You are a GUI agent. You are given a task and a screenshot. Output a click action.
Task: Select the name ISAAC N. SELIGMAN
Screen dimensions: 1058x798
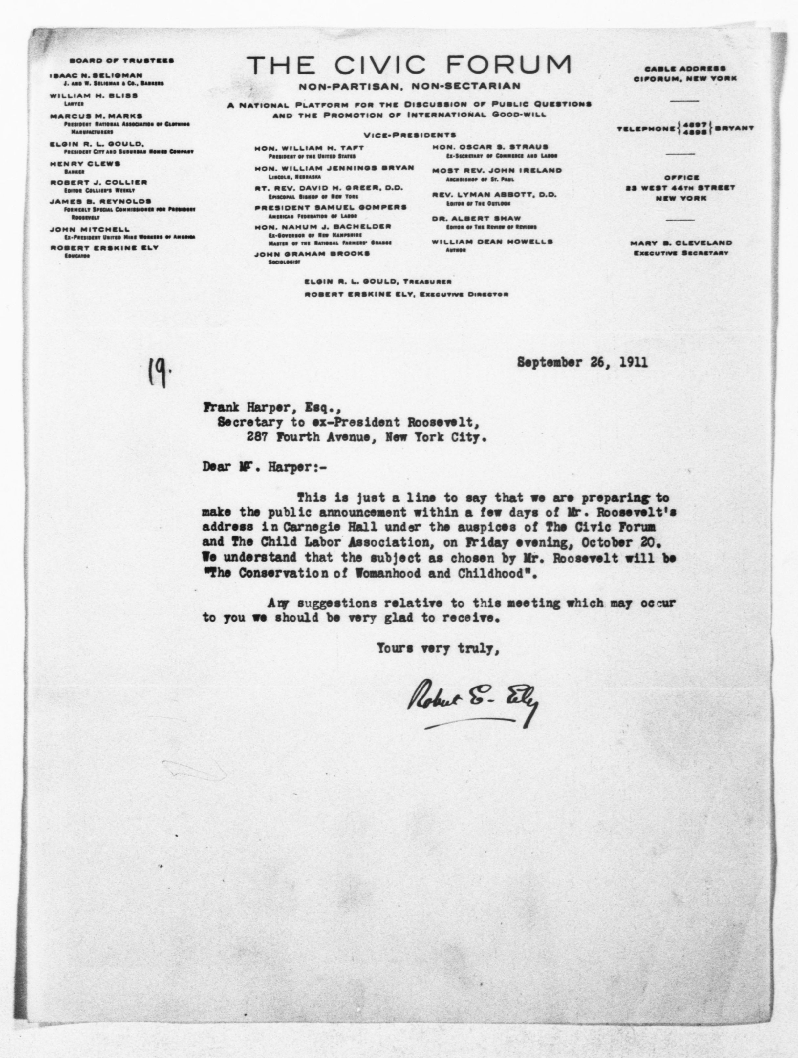point(96,75)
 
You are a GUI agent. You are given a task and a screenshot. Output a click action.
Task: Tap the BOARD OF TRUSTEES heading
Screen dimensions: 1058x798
point(121,61)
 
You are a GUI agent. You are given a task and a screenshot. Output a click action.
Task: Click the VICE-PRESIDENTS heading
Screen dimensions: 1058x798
point(410,135)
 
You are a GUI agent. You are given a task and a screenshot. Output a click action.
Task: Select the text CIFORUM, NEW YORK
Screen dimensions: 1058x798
point(685,78)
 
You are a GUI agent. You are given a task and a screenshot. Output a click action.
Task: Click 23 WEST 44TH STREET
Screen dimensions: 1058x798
point(680,188)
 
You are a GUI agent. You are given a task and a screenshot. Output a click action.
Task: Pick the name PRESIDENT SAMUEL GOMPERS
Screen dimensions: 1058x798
point(330,208)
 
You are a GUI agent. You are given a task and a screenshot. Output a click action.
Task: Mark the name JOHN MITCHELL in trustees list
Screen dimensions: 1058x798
point(90,230)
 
